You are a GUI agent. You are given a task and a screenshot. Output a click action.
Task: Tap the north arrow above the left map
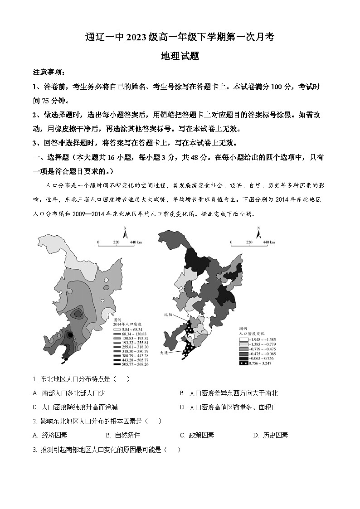point(127,233)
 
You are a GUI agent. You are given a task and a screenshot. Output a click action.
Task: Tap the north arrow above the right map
point(259,233)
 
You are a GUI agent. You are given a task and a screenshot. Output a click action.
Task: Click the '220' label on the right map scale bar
point(248,242)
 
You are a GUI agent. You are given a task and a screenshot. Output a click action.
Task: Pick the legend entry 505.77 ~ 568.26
point(126,364)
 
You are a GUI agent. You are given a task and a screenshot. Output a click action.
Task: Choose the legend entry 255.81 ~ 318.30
point(126,346)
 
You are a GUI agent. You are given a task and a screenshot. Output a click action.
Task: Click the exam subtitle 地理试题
point(180,56)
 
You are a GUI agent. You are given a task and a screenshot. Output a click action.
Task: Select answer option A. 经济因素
point(50,435)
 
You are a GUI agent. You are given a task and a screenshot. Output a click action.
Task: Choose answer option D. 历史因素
point(271,435)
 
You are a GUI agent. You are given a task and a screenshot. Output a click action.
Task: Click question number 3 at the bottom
point(35,450)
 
